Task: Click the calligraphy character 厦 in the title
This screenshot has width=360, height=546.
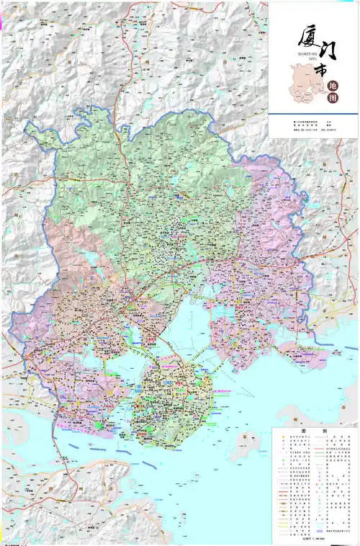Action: pyautogui.click(x=302, y=35)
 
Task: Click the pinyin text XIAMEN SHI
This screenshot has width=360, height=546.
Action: pyautogui.click(x=287, y=53)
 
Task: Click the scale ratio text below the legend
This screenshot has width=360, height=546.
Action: pyautogui.click(x=310, y=539)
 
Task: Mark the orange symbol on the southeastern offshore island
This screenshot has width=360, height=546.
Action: pyautogui.click(x=246, y=438)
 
